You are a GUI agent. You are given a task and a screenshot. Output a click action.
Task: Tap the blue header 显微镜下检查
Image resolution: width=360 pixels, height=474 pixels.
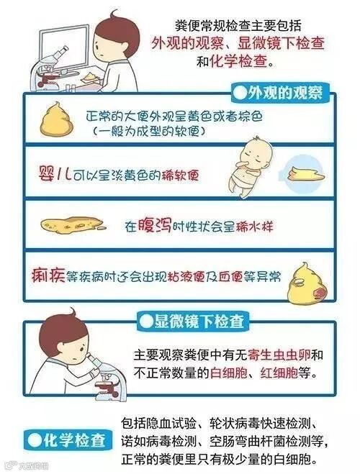point(193,322)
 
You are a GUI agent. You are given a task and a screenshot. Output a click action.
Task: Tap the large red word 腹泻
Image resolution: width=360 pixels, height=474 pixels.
point(154,225)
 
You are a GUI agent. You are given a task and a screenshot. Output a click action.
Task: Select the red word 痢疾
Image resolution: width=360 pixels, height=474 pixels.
point(48,275)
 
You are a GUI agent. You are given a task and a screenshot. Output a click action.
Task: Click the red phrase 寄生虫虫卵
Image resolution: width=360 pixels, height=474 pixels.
point(279,355)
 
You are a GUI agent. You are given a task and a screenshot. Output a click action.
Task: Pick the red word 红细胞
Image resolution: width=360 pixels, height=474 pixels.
point(279,373)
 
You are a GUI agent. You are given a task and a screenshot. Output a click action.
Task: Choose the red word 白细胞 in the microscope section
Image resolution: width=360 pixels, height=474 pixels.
point(229,373)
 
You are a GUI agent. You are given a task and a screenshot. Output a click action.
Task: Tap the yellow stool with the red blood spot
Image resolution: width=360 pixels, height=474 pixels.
point(306,285)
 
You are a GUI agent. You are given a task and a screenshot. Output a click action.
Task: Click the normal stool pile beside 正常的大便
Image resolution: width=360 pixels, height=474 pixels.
point(57,119)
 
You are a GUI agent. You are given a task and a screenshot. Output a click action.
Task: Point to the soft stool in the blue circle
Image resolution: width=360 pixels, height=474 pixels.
point(306,176)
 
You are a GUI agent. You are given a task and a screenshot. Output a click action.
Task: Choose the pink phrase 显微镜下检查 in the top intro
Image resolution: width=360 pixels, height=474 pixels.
point(281,43)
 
